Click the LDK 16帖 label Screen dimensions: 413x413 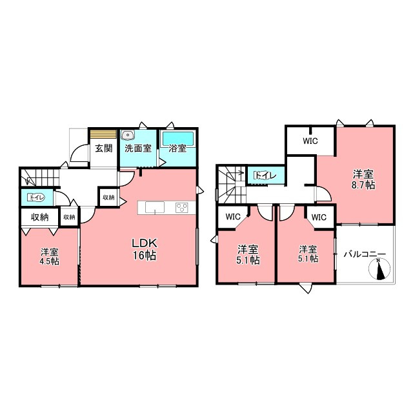point(145,249)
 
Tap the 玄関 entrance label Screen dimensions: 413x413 point(103,148)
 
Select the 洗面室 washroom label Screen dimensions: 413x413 point(138,148)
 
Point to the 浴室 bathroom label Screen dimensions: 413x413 point(177,148)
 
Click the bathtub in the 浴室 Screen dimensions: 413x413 point(178,138)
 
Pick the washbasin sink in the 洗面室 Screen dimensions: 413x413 point(128,135)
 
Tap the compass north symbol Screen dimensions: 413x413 point(379,268)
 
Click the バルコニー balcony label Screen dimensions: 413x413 point(365,254)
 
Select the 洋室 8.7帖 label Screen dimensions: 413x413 point(363,179)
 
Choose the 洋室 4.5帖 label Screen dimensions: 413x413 point(50,257)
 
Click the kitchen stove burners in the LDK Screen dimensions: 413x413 point(182,208)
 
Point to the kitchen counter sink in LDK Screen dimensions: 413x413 point(155,207)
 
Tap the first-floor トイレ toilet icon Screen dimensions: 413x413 point(36,197)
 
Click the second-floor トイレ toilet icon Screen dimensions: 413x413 point(265,176)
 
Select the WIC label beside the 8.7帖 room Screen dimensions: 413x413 point(310,141)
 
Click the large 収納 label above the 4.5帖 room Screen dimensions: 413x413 point(40,217)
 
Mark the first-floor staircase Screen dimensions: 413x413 point(40,177)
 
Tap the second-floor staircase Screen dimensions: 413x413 point(231,185)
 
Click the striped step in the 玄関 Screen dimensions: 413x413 point(103,134)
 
